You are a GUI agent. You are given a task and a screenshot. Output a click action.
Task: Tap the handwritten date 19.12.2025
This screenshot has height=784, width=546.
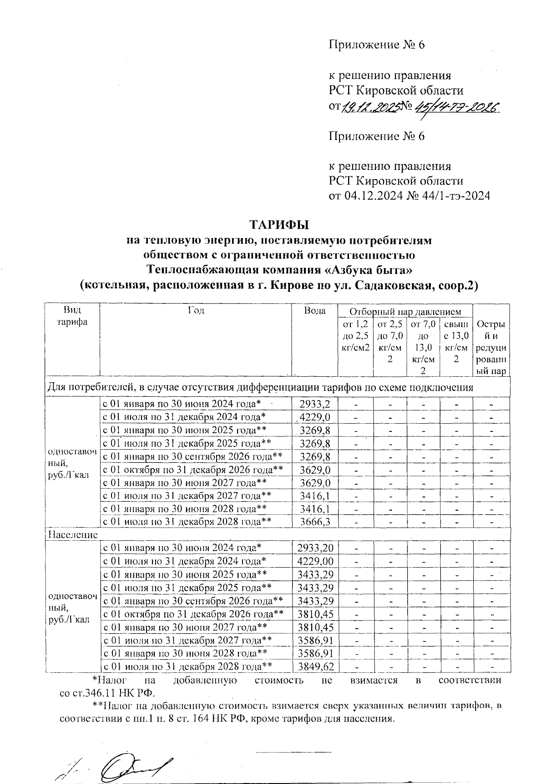(370, 107)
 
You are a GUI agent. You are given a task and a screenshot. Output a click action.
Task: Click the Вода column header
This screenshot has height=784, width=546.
(314, 311)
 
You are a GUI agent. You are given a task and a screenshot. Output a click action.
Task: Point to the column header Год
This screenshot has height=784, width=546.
(196, 311)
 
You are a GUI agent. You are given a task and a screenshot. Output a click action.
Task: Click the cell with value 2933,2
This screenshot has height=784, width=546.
(314, 404)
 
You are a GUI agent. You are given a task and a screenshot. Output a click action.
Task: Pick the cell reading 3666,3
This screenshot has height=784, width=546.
(314, 522)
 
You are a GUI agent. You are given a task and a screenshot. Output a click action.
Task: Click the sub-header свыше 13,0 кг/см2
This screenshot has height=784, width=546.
(456, 342)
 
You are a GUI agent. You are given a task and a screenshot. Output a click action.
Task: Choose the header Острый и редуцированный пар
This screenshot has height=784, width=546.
(490, 348)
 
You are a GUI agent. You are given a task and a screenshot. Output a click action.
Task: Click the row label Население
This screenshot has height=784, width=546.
(69, 534)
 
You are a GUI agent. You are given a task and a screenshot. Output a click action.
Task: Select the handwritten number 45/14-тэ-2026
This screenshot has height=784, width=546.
(455, 107)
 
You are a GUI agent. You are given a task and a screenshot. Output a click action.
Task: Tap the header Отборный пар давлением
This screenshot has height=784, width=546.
(405, 312)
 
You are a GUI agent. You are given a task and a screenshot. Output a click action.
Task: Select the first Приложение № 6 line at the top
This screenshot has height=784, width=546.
(377, 45)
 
